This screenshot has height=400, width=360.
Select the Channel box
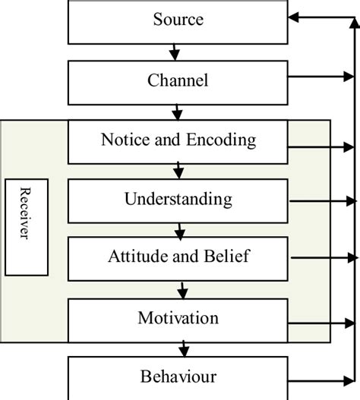pos(179,80)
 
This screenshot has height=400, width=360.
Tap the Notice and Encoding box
pos(179,141)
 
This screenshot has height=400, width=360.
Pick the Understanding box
pos(179,200)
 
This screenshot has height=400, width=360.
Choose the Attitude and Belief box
pos(179,258)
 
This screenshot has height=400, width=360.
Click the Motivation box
pos(179,319)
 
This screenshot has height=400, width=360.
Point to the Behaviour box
pos(179,376)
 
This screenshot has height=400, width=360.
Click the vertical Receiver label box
pos(27,227)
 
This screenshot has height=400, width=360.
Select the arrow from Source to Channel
pos(175,52)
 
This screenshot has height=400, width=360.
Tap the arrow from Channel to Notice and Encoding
pos(177,112)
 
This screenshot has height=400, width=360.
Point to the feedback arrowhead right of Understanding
pos(350,201)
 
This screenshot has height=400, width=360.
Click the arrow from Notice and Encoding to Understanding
pos(178,169)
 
